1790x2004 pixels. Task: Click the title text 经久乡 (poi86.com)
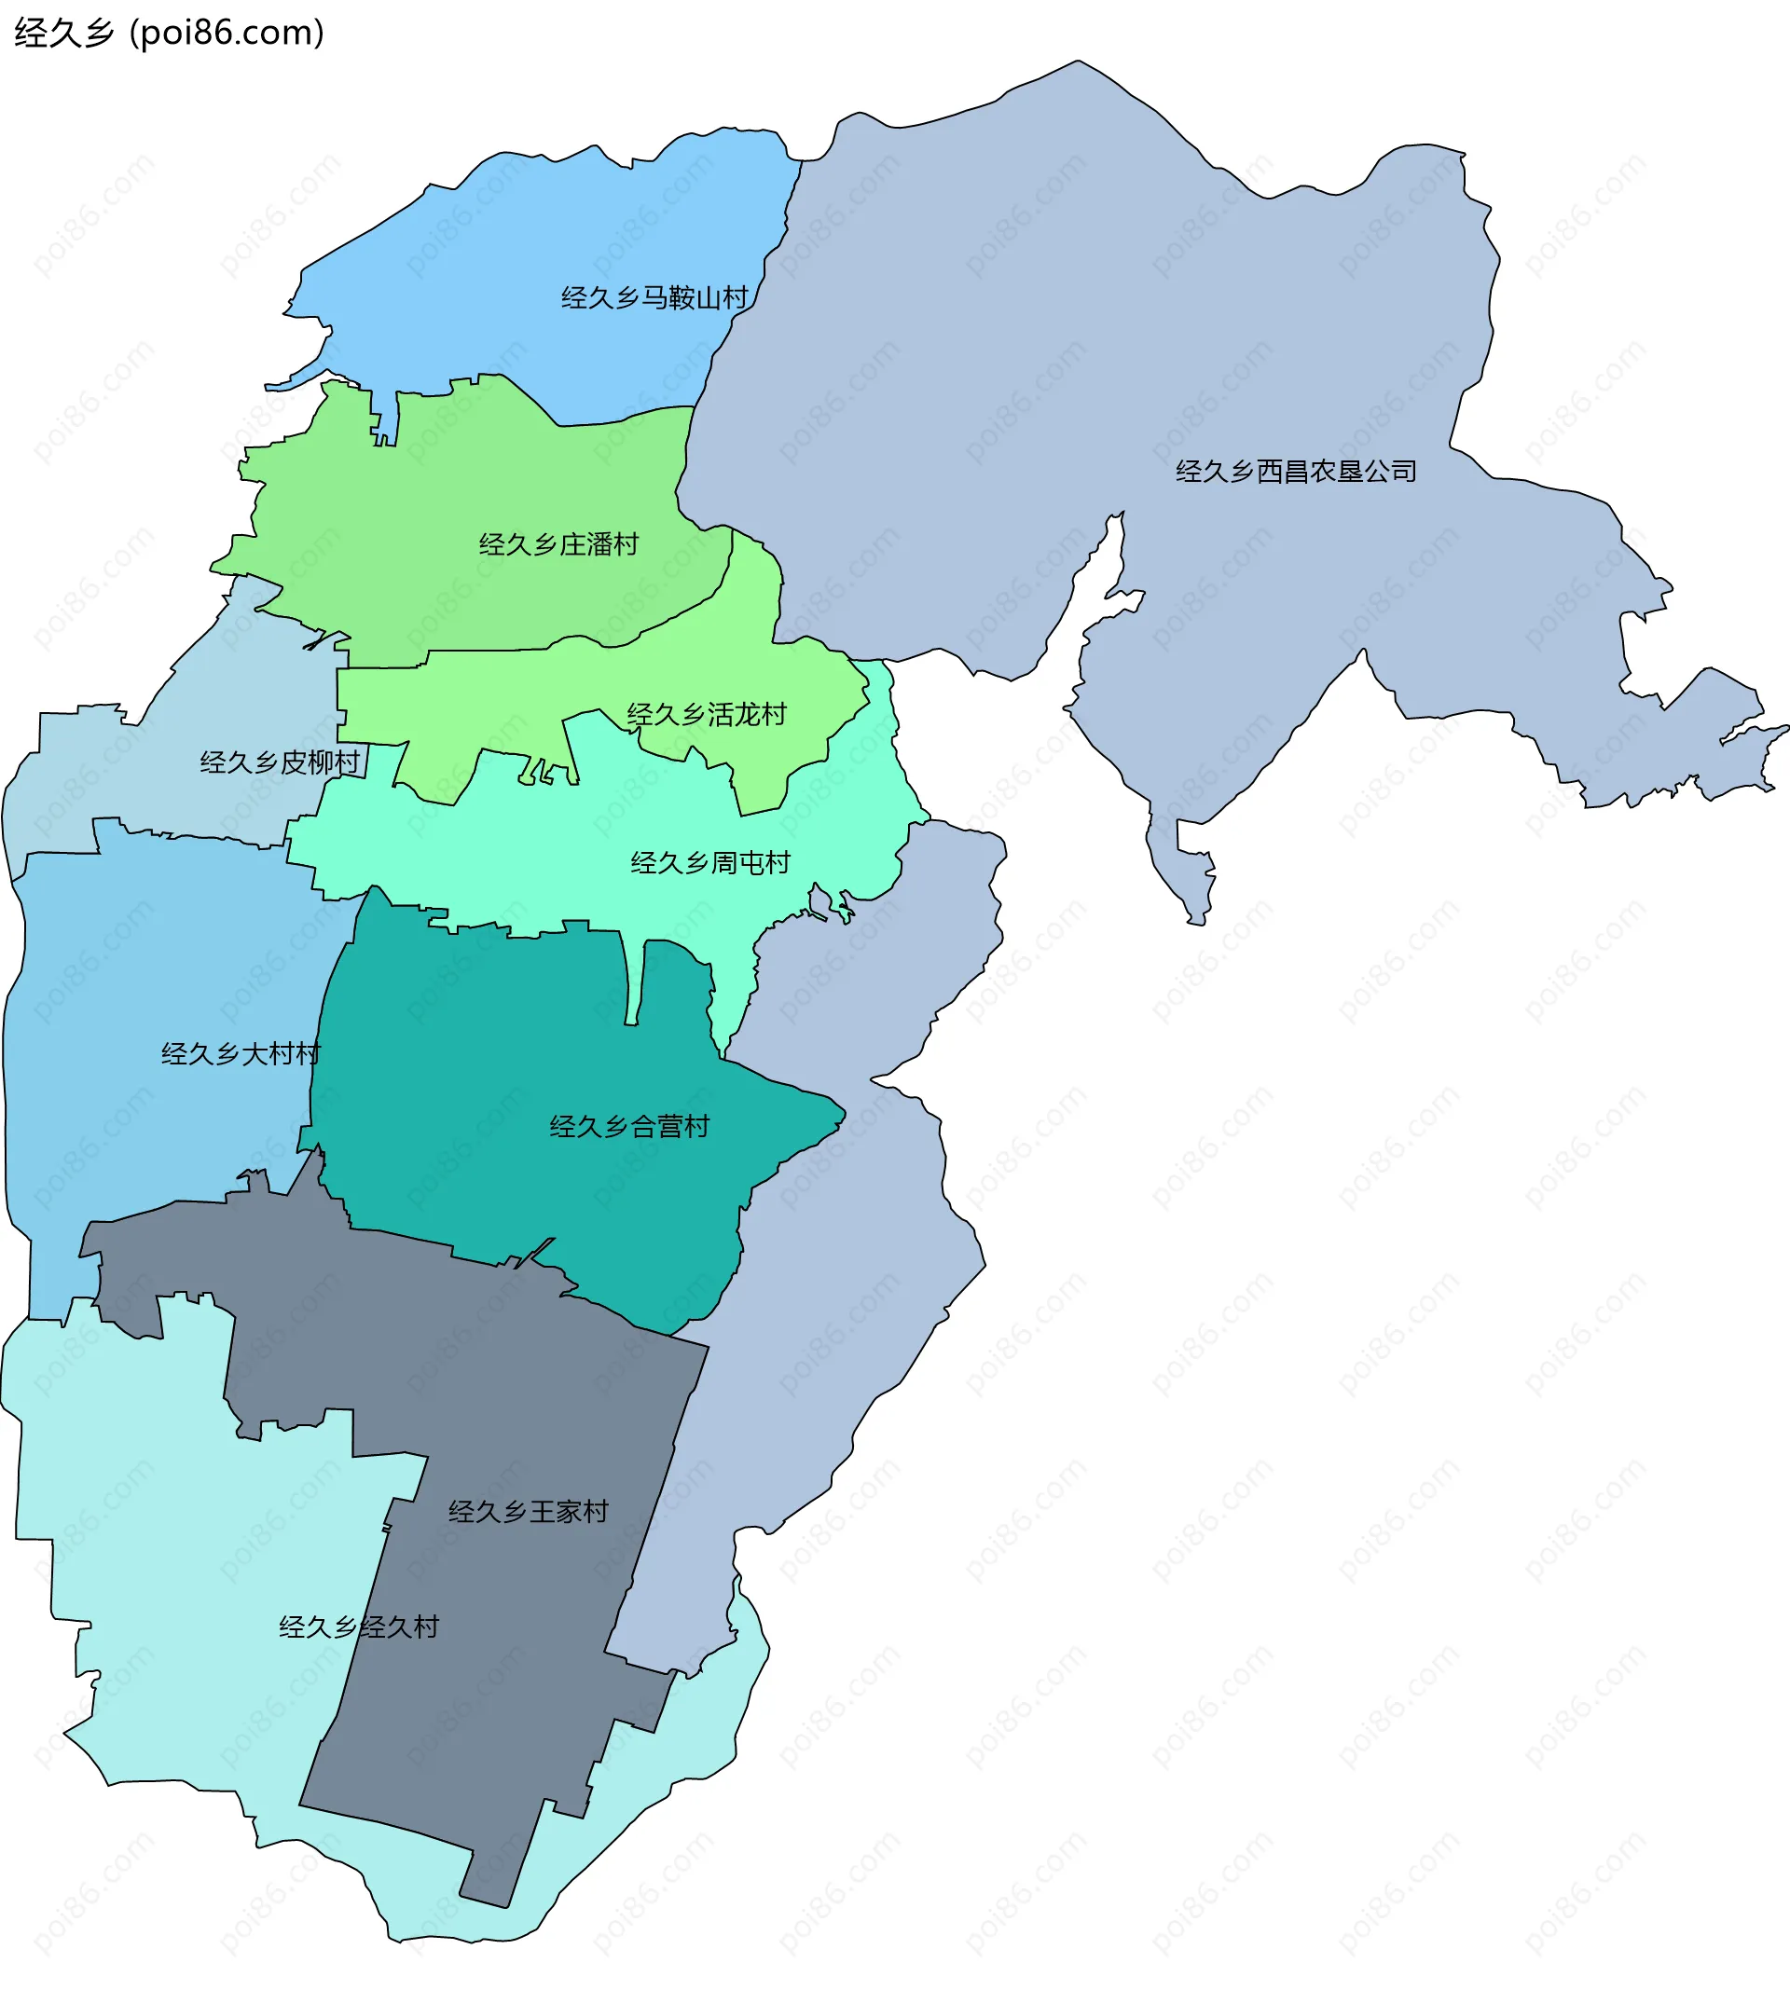[168, 34]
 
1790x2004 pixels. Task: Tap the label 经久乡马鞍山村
[654, 298]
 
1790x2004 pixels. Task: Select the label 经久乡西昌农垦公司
[1295, 472]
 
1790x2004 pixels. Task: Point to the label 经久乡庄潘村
[558, 544]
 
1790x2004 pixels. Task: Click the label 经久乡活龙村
[706, 715]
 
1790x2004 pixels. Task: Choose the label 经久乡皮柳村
[280, 762]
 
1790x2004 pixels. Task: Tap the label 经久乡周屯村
[710, 863]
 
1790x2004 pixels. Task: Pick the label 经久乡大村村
[241, 1054]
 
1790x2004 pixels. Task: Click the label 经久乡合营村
[629, 1127]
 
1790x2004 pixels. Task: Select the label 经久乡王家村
[529, 1511]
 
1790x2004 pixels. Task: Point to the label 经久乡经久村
[359, 1627]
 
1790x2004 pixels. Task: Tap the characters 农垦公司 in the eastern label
[1363, 472]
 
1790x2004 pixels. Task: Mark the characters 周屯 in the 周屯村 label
[737, 863]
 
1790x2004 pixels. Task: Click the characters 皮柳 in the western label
[307, 762]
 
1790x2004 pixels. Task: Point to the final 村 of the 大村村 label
[308, 1054]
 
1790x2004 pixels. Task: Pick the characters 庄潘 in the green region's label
[586, 544]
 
